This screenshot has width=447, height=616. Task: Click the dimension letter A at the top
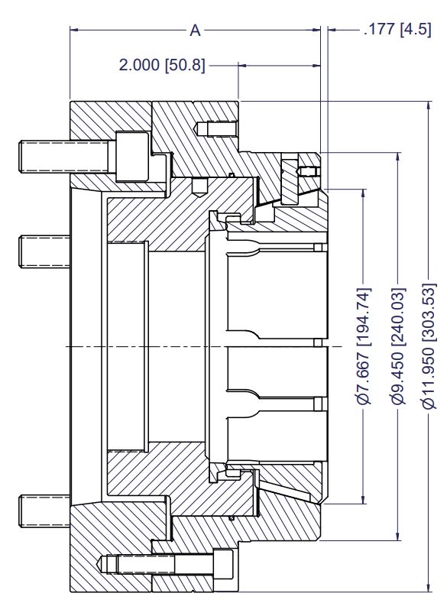pos(195,31)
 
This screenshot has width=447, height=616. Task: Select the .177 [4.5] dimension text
pos(397,30)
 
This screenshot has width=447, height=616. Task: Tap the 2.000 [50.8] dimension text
pos(162,65)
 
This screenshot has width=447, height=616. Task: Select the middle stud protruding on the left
pos(45,251)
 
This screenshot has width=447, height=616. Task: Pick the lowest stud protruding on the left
pos(45,511)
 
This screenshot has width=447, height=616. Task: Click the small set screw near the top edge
pos(216,128)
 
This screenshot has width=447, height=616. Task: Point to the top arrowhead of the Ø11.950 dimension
pos(428,105)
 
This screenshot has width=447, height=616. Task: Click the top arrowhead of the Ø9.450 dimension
pos(398,157)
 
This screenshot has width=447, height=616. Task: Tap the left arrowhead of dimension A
pos(75,30)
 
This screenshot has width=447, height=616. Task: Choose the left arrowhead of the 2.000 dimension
pos(244,66)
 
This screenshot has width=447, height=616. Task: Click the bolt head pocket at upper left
pos(132,157)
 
